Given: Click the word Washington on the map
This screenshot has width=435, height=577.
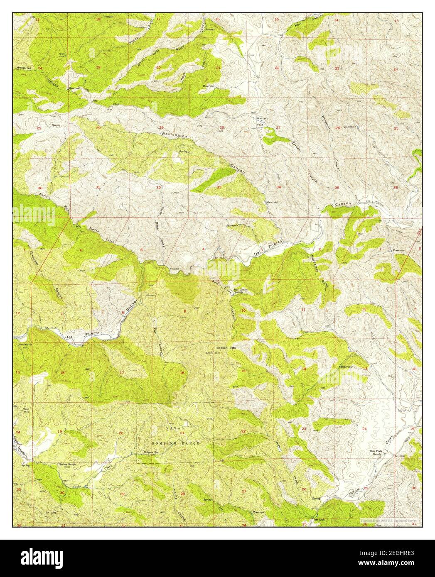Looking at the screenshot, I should coord(174,135).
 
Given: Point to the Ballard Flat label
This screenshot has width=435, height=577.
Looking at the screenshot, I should coord(261,121).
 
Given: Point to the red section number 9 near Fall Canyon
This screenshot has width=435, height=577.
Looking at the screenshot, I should coord(184,311).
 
